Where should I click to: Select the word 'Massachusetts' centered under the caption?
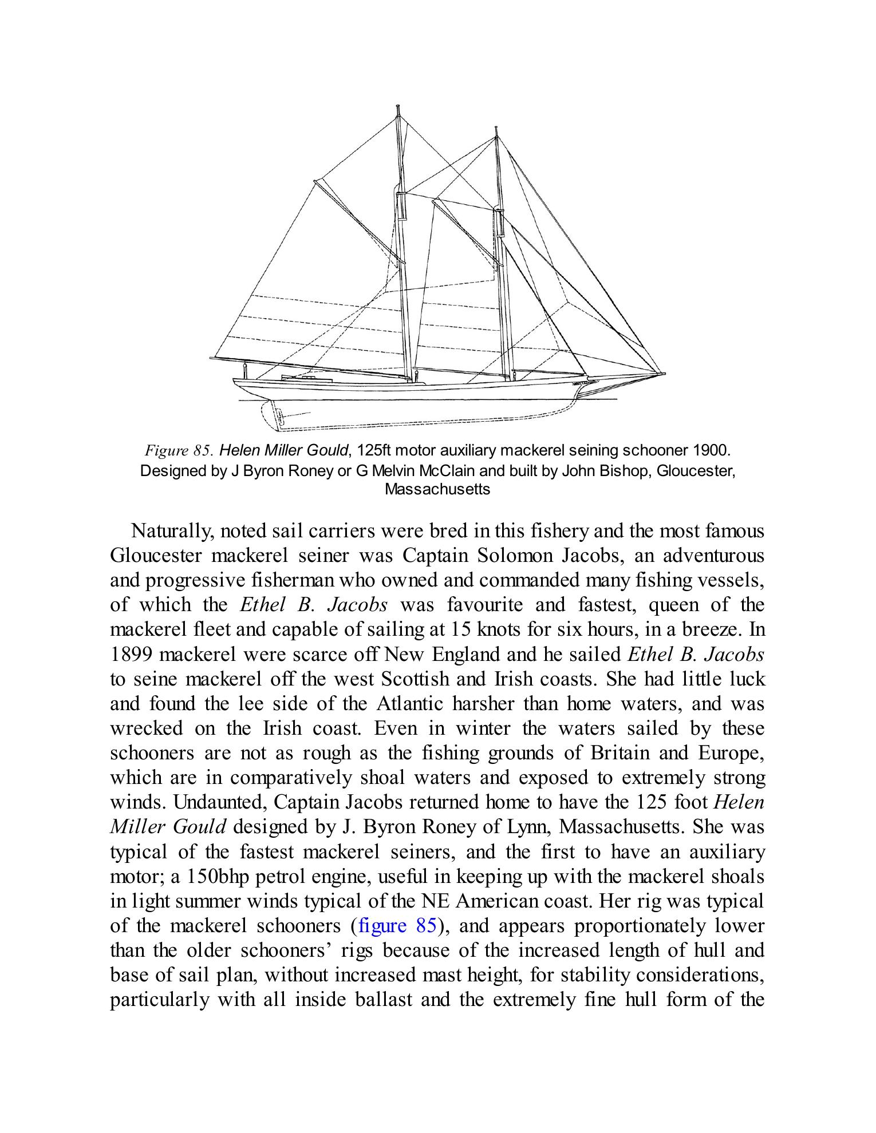click(437, 489)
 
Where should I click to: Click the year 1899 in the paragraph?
click(132, 654)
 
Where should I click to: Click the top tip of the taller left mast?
click(397, 106)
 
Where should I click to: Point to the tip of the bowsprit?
click(664, 374)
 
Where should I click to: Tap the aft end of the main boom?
click(211, 359)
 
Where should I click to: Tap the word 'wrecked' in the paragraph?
click(146, 728)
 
